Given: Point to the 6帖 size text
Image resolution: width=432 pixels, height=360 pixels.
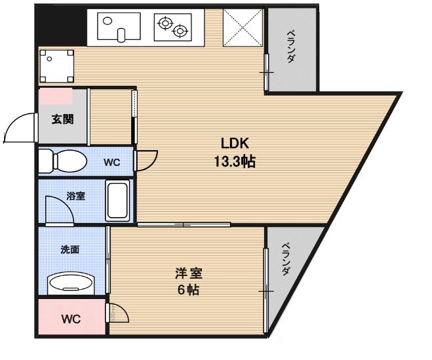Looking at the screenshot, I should click(x=187, y=290).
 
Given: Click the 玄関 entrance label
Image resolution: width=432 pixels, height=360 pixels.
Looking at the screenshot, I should click(x=62, y=119).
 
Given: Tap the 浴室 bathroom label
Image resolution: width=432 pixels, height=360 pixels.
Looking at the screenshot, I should click(x=74, y=195).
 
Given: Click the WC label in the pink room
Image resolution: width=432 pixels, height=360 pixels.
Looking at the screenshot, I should click(x=70, y=320).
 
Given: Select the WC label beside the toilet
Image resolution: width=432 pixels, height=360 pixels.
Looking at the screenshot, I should click(x=111, y=162).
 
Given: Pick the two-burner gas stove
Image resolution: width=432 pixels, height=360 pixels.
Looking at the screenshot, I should click(x=172, y=26).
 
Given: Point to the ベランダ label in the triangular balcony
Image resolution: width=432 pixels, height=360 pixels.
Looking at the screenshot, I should click(x=286, y=260).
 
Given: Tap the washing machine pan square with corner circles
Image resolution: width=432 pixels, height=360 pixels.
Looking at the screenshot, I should click(x=56, y=66).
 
